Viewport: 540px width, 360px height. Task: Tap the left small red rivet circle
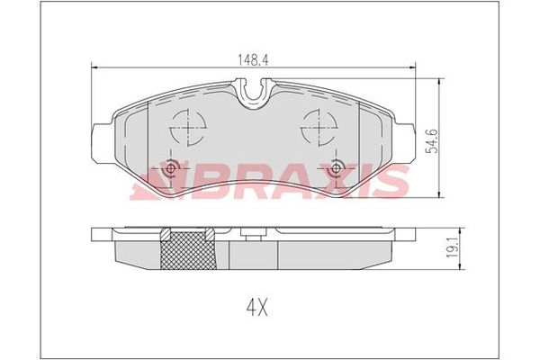pos(173,167)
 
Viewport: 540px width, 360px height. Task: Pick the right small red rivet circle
pos(337,167)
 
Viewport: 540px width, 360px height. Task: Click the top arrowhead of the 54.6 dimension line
pos(437,82)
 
